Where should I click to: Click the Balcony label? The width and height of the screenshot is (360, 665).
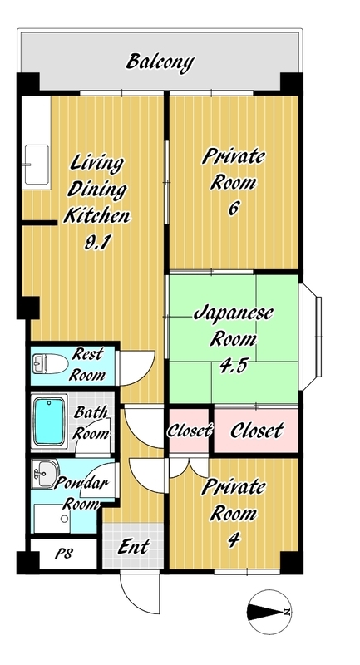pos(160,62)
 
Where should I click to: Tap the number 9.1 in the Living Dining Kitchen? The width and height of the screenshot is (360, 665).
pos(97,243)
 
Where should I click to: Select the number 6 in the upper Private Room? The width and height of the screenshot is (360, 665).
pos(234,209)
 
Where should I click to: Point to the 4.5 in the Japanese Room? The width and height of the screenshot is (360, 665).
pos(233,366)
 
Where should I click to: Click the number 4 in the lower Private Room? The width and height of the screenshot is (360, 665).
pos(234,539)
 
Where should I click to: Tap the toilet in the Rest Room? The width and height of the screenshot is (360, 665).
pos(50,364)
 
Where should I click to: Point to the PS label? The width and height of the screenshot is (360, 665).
pos(64,554)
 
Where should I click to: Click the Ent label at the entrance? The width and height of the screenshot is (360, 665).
pos(133,547)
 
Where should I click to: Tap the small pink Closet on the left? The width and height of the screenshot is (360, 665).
pos(189,431)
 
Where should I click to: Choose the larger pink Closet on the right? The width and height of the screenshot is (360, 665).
pos(256,431)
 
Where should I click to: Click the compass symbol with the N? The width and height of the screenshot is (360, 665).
pos(269,612)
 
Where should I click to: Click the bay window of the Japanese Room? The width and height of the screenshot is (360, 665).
pos(311,337)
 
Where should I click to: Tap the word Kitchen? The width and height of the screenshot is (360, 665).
pos(96,216)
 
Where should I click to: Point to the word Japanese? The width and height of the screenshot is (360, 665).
pos(234,314)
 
